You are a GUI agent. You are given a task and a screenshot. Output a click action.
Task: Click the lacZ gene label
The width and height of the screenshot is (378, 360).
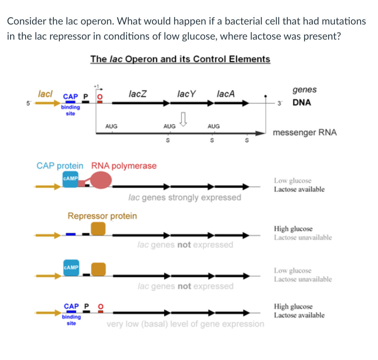point(137,94)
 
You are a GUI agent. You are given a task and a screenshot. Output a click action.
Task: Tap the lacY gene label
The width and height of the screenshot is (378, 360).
point(186,94)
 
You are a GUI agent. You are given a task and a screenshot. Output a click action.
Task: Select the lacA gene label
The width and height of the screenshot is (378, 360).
point(225,94)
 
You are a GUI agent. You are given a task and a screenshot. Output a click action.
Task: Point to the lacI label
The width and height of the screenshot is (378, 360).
point(45,94)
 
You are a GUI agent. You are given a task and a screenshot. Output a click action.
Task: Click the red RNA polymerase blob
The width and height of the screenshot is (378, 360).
point(101,181)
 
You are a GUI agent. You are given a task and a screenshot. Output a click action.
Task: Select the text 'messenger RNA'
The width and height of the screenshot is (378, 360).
point(304,133)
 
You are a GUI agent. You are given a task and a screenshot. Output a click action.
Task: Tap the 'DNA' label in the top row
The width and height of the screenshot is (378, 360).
point(302,103)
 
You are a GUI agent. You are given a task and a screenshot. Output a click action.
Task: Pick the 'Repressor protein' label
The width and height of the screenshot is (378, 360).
point(102,216)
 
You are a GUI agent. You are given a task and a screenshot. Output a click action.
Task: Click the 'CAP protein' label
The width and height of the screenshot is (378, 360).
point(60,166)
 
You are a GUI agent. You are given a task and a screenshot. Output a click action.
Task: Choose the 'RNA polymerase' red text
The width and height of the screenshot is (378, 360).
point(124,166)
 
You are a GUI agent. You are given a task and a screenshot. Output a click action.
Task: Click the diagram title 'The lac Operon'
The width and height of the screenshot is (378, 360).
point(180,59)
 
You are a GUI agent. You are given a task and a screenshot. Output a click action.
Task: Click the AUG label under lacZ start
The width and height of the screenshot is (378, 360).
point(111,126)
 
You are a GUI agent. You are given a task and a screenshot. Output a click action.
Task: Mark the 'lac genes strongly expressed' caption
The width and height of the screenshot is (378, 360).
point(185,198)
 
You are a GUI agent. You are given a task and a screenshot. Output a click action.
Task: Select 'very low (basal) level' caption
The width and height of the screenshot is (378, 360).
point(185,324)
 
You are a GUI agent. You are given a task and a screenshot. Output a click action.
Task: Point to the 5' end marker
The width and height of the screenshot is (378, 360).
point(29,103)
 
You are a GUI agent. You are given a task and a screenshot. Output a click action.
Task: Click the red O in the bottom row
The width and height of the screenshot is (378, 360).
point(101,306)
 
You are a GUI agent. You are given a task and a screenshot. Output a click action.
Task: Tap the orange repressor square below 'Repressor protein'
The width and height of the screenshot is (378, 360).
point(98,229)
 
